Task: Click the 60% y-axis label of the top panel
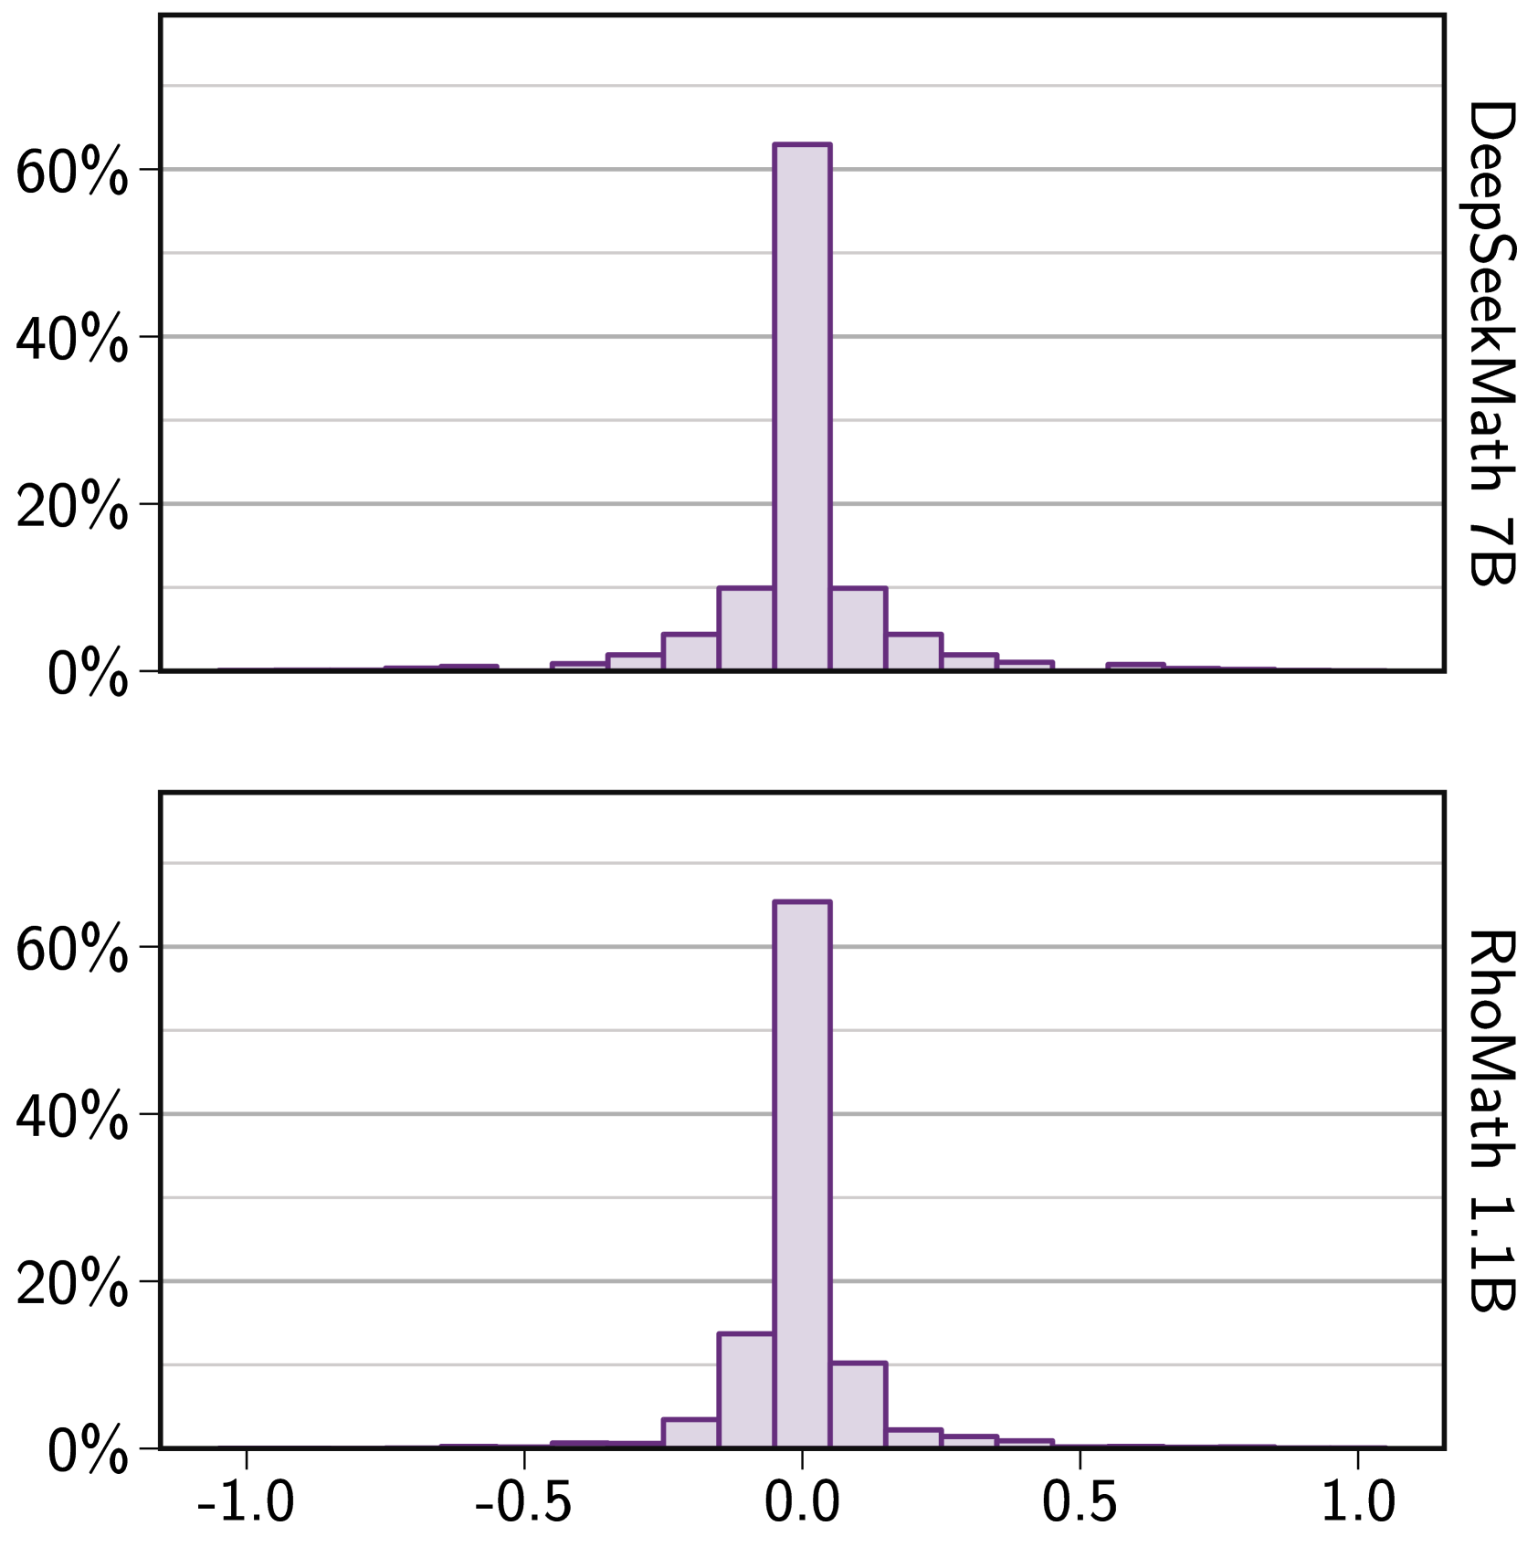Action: pyautogui.click(x=71, y=171)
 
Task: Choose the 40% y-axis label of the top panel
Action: pyautogui.click(x=71, y=338)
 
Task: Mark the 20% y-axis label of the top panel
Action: pyautogui.click(x=71, y=505)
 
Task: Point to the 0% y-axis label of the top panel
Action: pyautogui.click(x=87, y=673)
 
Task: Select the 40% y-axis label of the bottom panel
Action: pyautogui.click(x=71, y=1115)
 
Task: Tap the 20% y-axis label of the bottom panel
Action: pyautogui.click(x=71, y=1282)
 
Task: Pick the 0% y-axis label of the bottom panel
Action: pyautogui.click(x=87, y=1450)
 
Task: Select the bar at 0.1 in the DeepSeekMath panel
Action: pyautogui.click(x=857, y=629)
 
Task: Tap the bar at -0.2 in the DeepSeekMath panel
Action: pyautogui.click(x=690, y=652)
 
